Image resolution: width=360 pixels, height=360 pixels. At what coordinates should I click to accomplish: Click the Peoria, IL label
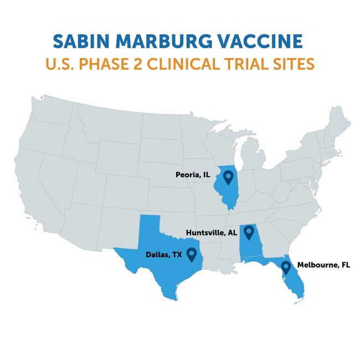(190, 174)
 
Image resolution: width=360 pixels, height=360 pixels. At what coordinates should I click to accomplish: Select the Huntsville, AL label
(210, 233)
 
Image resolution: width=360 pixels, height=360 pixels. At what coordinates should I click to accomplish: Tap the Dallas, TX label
(164, 255)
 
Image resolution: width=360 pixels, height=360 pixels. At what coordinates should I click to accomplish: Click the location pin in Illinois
(228, 178)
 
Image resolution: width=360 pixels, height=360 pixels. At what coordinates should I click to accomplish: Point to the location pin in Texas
(192, 254)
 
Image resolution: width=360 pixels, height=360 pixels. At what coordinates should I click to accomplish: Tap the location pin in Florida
(286, 268)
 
